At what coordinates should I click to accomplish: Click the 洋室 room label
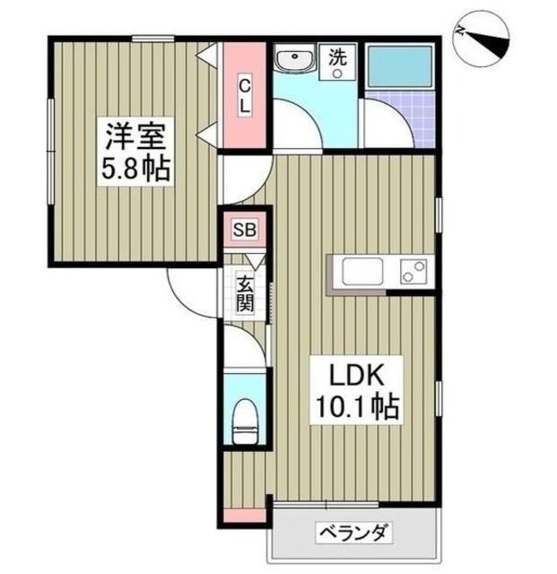pos(134,138)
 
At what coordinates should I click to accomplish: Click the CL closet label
pos(244,95)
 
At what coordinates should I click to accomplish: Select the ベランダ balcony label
pos(352,535)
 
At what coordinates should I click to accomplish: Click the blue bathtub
pos(398,64)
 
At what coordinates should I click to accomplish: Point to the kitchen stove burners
pos(412,270)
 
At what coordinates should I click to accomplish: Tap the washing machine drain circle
pos(338,75)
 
